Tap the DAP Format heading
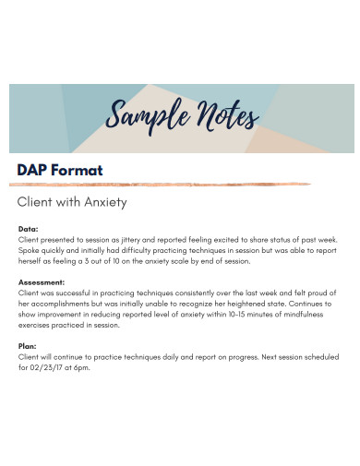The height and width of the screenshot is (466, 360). (60, 170)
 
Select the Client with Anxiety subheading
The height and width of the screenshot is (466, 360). (72, 201)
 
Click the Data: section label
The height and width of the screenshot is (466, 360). (29, 228)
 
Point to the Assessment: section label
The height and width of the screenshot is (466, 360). (42, 281)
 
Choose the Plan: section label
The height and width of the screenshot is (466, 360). (28, 346)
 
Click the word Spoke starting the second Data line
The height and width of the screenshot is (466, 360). (30, 249)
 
